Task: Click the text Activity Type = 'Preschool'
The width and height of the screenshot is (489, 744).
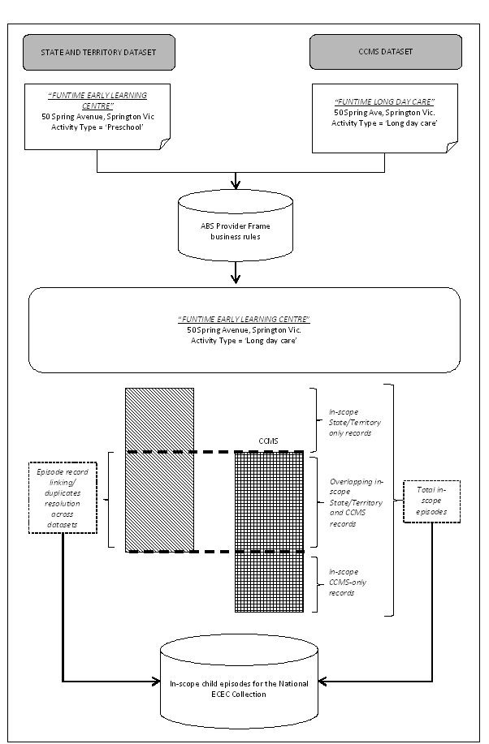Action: tap(101, 127)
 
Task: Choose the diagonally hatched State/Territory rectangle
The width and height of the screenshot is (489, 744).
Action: tap(159, 469)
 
